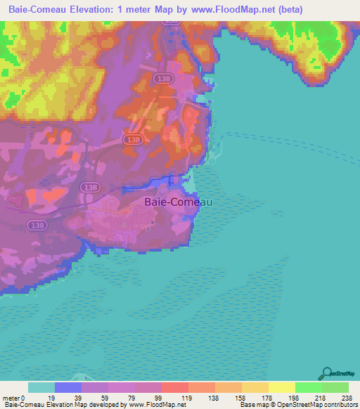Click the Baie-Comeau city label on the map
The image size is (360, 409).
tap(178, 201)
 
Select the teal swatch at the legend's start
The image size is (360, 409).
tap(41, 387)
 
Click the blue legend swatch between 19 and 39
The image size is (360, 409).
tap(67, 387)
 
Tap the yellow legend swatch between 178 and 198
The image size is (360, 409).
tap(281, 387)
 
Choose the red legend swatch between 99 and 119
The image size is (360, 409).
tap(174, 387)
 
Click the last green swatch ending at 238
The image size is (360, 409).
tap(335, 387)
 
